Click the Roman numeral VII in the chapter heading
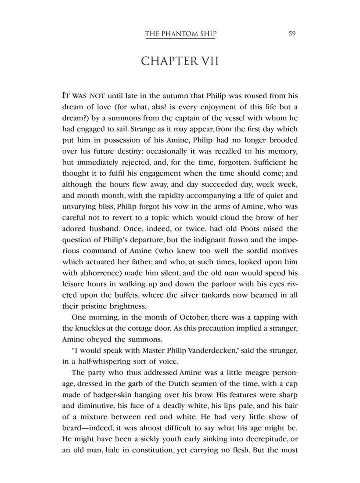click(x=206, y=61)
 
